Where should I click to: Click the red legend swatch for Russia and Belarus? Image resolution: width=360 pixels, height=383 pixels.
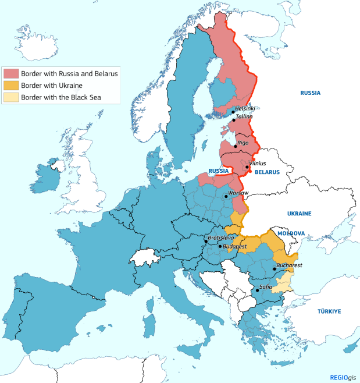pyautogui.click(x=11, y=74)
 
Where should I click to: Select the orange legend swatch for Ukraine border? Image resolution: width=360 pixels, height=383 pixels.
pyautogui.click(x=11, y=86)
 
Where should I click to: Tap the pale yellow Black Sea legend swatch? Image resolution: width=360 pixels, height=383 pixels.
pyautogui.click(x=11, y=97)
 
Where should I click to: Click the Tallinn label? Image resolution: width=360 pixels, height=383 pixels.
pyautogui.click(x=245, y=116)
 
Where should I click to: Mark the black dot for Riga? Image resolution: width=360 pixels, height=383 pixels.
pyautogui.click(x=236, y=145)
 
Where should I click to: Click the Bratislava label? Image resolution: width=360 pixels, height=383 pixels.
pyautogui.click(x=221, y=237)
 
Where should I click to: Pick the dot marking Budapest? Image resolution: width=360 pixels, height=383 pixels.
pyautogui.click(x=219, y=246)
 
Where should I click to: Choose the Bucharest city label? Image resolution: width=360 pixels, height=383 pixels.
pyautogui.click(x=290, y=265)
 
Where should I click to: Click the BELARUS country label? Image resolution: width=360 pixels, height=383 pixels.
pyautogui.click(x=267, y=172)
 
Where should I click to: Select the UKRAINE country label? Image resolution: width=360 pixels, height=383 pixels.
pyautogui.click(x=299, y=214)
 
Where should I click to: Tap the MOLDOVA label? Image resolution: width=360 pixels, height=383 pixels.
pyautogui.click(x=291, y=233)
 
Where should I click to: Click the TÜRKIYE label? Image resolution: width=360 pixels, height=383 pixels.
pyautogui.click(x=329, y=311)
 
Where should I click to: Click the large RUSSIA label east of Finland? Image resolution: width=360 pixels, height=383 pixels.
pyautogui.click(x=311, y=93)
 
